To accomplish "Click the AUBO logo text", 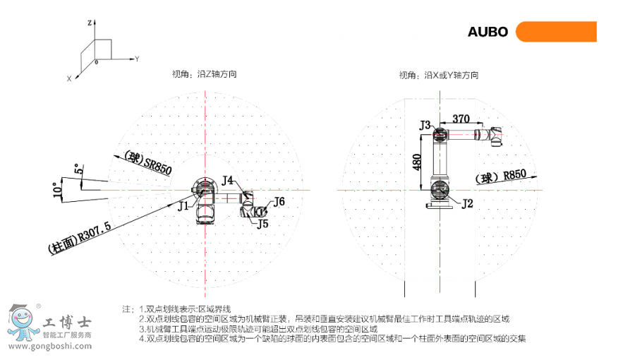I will point(488,32).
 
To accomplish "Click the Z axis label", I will point(90,23).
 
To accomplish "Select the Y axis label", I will point(137,58).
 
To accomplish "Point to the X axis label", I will point(69,79).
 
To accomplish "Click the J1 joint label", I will point(183,206).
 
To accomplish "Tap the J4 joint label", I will point(227,181).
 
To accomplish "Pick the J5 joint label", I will point(262,224).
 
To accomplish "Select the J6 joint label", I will point(279,201).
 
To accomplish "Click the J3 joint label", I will point(425,125).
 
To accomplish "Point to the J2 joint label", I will point(467,204).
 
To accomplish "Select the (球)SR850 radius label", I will point(147,162).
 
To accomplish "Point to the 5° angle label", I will point(78,169).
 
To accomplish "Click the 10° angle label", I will point(57,188).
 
